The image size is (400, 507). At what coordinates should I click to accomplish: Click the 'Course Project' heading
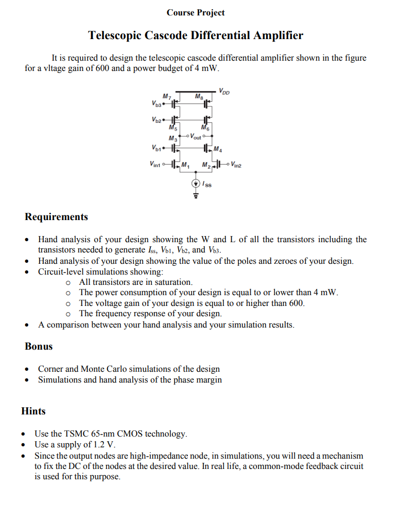196,12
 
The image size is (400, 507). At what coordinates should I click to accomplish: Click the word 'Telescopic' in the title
114,35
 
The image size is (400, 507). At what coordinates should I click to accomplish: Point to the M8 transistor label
199,96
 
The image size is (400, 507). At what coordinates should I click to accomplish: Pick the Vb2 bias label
156,120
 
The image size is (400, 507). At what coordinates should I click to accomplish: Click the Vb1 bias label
156,149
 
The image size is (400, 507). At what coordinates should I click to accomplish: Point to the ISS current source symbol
196,183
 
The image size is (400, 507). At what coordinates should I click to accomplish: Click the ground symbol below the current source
196,195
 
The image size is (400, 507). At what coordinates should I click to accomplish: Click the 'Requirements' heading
56,216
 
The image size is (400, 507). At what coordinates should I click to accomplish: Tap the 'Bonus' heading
39,346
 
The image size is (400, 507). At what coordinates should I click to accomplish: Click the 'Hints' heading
33,411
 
